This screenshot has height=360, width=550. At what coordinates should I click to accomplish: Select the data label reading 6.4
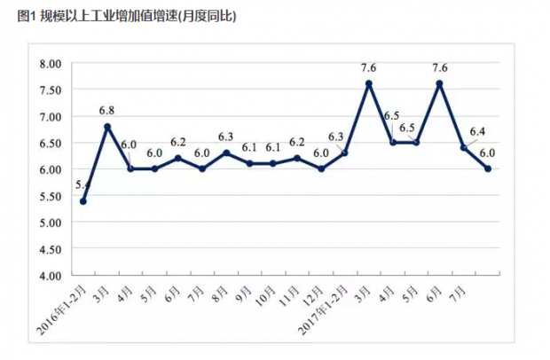click(476, 132)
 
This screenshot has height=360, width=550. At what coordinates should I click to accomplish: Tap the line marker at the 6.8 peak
click(107, 126)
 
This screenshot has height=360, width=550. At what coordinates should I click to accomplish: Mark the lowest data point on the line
click(83, 200)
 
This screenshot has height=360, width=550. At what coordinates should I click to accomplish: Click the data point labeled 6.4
click(464, 147)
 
